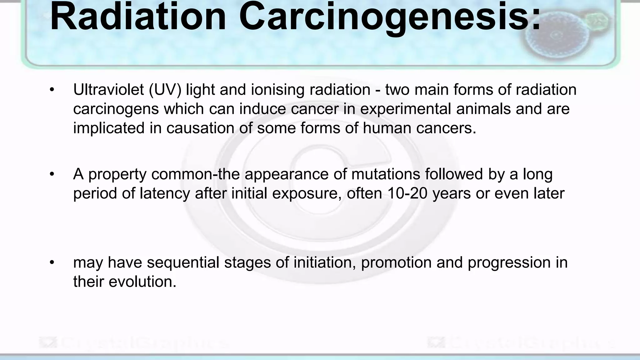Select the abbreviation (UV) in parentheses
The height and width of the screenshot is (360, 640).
pyautogui.click(x=165, y=90)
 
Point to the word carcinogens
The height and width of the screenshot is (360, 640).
pyautogui.click(x=116, y=109)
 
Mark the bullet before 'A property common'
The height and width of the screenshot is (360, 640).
pyautogui.click(x=52, y=174)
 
